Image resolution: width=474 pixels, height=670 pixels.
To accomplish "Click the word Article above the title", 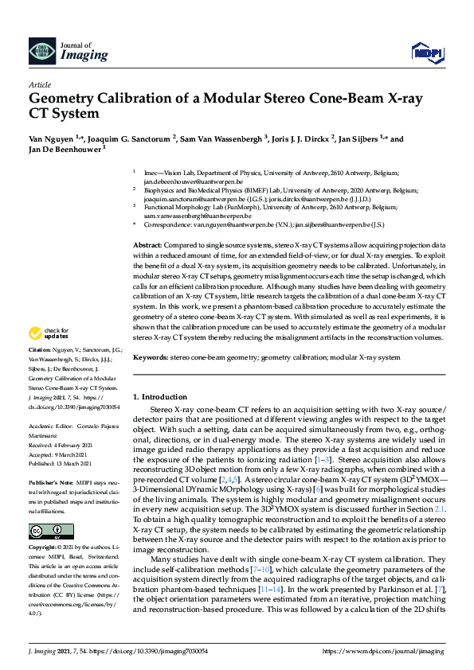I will (39, 84).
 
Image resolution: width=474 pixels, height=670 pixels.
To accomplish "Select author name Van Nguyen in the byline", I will (51, 138).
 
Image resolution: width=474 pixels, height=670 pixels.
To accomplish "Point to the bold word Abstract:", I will (147, 245).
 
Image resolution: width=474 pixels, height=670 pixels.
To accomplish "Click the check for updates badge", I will (48, 355).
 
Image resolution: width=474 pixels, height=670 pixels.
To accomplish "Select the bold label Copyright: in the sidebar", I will (45, 548).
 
